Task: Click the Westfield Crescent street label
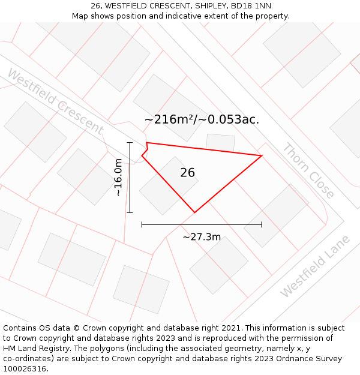[55, 102]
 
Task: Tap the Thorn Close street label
[308, 170]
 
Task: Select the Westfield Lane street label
[315, 266]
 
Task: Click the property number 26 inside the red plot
[187, 173]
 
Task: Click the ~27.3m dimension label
[202, 237]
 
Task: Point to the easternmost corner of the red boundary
[262, 156]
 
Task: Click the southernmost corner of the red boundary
[194, 212]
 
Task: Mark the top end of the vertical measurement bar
[130, 142]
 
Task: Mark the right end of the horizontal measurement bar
[262, 225]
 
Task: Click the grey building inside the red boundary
[169, 185]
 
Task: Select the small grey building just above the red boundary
[220, 142]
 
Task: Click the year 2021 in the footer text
[232, 328]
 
